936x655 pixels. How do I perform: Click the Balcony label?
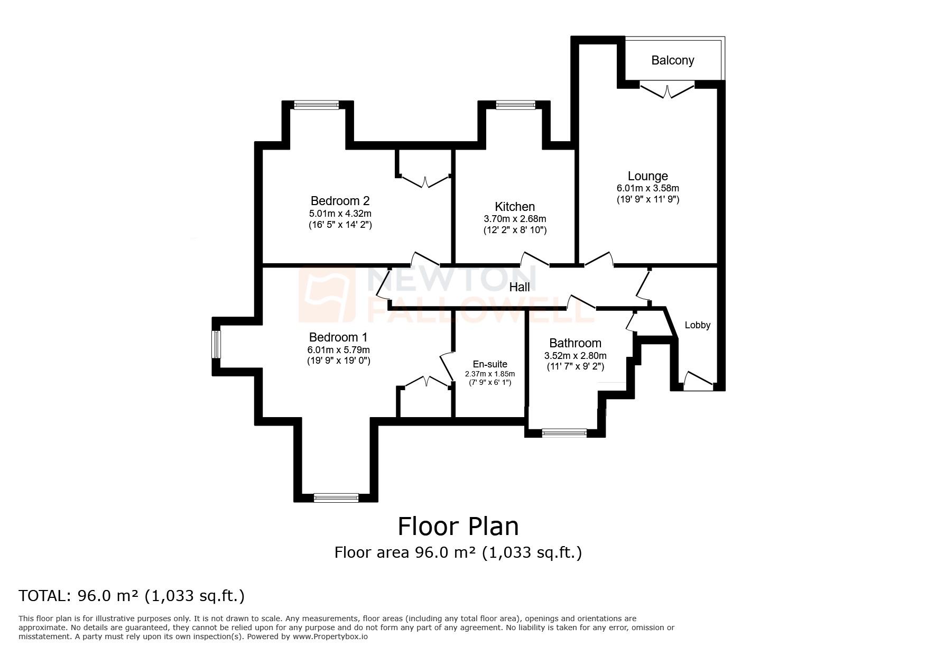(672, 60)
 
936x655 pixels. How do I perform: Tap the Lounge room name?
(647, 176)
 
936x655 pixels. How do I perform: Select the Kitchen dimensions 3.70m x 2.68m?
(515, 219)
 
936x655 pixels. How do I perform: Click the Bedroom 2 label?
(340, 201)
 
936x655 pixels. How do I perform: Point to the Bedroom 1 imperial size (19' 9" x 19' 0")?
(338, 361)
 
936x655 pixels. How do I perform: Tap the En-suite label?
(490, 364)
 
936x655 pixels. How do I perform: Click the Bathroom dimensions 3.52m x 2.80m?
(575, 356)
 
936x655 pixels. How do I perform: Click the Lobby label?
(697, 325)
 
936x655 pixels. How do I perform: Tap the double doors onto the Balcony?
(669, 90)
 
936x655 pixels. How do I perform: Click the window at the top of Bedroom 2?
(316, 105)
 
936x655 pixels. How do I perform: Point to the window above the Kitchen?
(515, 105)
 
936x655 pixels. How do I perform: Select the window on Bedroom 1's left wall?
(216, 344)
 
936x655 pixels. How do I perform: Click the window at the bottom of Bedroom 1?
(336, 497)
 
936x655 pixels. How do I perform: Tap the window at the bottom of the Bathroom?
(564, 433)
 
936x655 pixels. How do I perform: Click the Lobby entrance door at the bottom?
(698, 382)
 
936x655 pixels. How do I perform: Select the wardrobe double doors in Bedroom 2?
(425, 180)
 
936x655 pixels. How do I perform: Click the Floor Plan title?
(458, 527)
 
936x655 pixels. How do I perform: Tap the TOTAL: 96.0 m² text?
(132, 596)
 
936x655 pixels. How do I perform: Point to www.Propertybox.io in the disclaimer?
(330, 636)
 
